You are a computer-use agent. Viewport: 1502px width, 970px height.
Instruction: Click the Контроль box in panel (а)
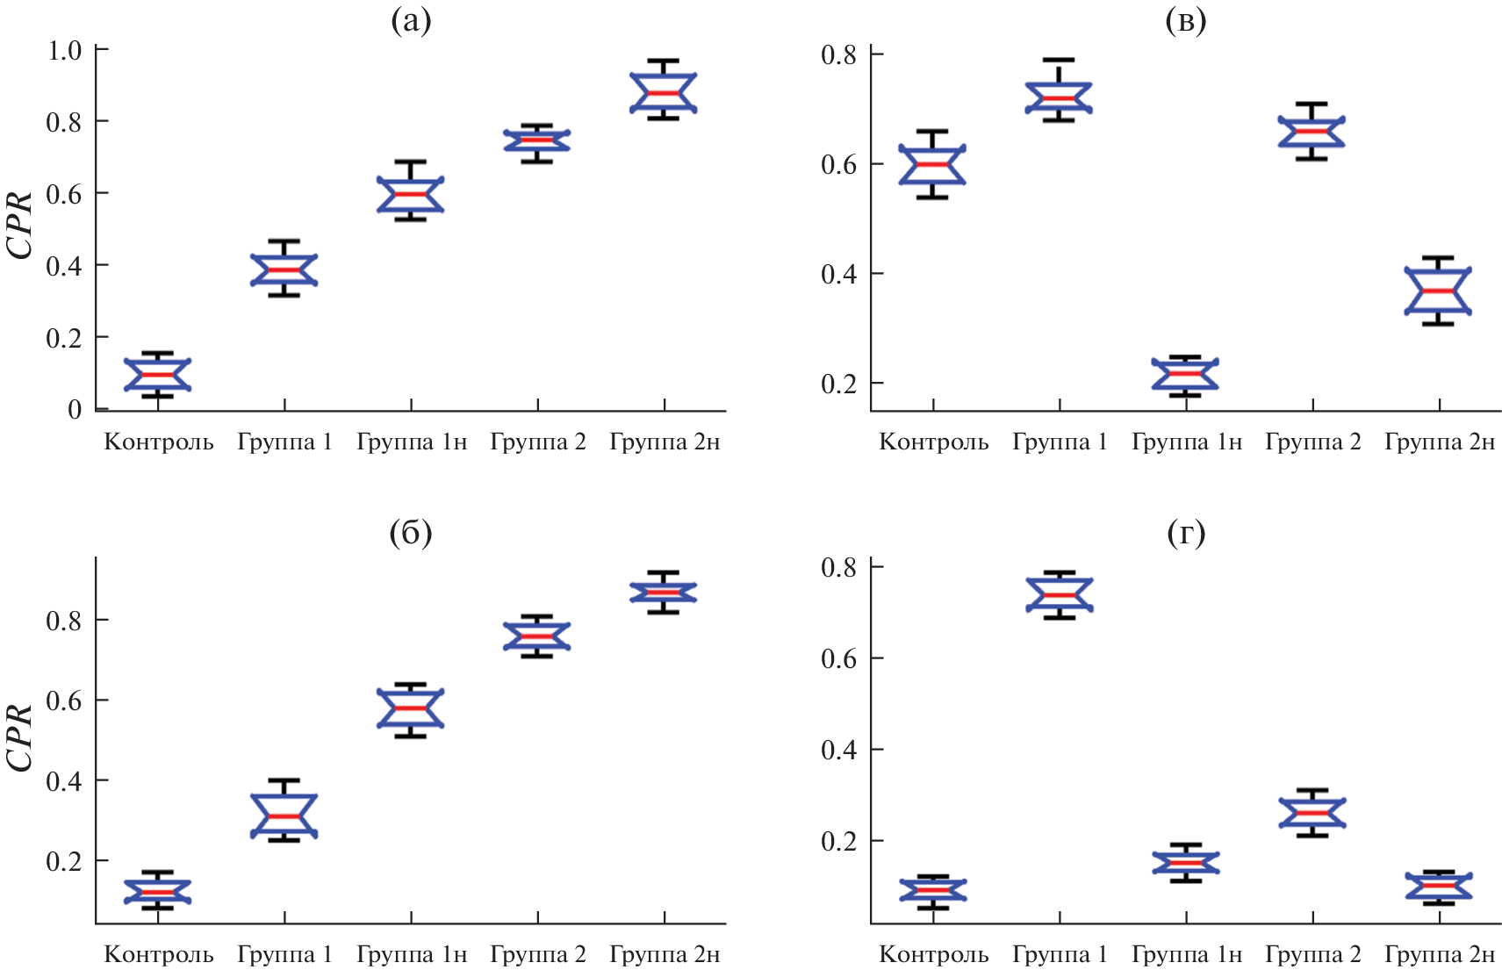[x=158, y=374]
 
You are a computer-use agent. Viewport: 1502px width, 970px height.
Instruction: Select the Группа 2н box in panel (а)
[x=664, y=92]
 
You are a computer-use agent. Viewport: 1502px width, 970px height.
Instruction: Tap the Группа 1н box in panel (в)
[x=1185, y=374]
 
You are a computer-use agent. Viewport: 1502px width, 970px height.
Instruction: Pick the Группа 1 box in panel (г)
[x=1060, y=594]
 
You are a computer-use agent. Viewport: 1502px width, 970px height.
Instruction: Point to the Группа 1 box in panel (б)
[x=284, y=816]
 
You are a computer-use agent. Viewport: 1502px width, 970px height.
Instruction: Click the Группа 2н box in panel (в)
[x=1438, y=291]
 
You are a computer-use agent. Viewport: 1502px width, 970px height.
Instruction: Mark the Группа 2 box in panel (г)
[x=1312, y=812]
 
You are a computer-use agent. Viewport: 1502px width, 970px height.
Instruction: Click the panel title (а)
[x=411, y=21]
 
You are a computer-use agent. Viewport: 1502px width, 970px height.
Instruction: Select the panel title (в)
[x=1185, y=21]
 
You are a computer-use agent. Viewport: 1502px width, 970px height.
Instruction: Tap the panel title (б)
[x=411, y=533]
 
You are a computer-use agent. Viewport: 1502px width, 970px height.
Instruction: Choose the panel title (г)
[x=1185, y=533]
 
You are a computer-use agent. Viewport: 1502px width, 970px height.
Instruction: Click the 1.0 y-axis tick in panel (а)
[x=64, y=50]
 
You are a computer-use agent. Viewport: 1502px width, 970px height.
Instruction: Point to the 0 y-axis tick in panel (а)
[x=75, y=409]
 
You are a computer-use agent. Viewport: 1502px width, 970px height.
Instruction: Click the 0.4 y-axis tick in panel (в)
[x=838, y=274]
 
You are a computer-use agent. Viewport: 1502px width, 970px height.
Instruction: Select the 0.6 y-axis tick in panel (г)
[x=838, y=658]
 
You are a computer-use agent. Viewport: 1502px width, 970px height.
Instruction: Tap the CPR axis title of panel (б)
[x=19, y=737]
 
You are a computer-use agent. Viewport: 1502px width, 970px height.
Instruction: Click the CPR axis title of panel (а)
[x=19, y=225]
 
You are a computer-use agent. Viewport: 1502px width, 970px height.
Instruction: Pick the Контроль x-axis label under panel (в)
[x=934, y=442]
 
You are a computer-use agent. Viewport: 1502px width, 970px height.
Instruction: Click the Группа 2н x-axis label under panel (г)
[x=1440, y=954]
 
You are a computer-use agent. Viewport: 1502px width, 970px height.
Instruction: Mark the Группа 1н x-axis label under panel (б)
[x=412, y=954]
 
